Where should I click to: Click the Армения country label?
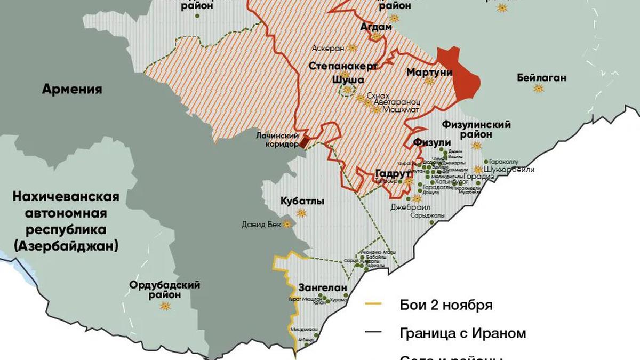pos(73,89)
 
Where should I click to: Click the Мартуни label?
pos(429,72)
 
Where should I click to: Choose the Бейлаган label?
pos(541,78)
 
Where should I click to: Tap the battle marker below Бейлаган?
pos(539,89)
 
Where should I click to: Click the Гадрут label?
pos(393,173)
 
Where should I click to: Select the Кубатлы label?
pos(302,201)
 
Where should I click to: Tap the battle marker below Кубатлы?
pos(301,213)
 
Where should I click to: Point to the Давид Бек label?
pos(261,225)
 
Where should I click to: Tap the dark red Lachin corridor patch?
pos(303,141)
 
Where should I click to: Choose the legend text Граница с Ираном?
pos(462,333)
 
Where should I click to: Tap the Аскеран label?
pos(329,48)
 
